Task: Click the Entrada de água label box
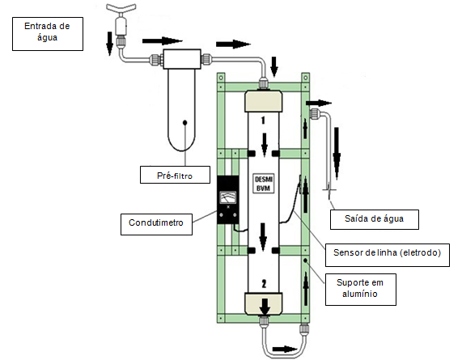(x=48, y=34)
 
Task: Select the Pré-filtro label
(x=175, y=175)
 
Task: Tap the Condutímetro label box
(x=156, y=224)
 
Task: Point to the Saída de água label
(x=374, y=219)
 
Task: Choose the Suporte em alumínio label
(x=361, y=290)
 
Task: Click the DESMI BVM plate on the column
(x=264, y=184)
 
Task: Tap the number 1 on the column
(x=263, y=121)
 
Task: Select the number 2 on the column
(x=264, y=284)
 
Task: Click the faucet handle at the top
(x=121, y=8)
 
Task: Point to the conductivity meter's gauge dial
(x=228, y=197)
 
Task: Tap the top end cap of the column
(x=264, y=102)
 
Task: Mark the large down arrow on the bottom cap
(x=265, y=307)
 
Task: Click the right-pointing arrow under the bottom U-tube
(x=285, y=349)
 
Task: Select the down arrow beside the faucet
(x=109, y=44)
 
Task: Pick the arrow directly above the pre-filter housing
(x=163, y=41)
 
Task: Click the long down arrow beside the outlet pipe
(x=337, y=153)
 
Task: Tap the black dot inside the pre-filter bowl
(x=185, y=122)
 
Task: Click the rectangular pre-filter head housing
(x=182, y=59)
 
